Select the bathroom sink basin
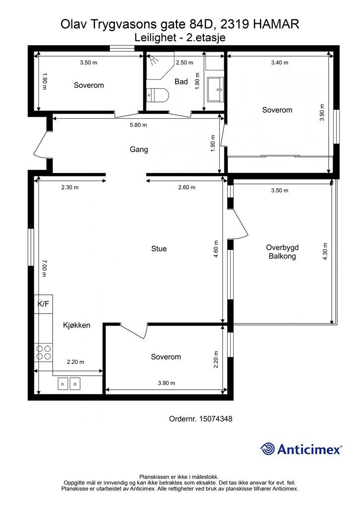pos(215,89)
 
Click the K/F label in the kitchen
pos(43,304)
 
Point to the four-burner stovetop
pos(43,352)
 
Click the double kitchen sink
pos(69,383)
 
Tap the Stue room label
pos(159,249)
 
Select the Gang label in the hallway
pos(139,149)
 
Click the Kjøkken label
pos(77,325)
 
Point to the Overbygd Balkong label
pos(282,252)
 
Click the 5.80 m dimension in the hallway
pos(138,125)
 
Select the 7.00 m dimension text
pos(44,268)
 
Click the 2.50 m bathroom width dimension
pos(184,62)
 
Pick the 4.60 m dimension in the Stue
pos(216,249)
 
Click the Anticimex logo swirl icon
pos(268,449)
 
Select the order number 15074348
pos(215,419)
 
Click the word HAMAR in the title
pos(276,24)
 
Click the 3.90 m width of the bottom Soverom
pos(167,383)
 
